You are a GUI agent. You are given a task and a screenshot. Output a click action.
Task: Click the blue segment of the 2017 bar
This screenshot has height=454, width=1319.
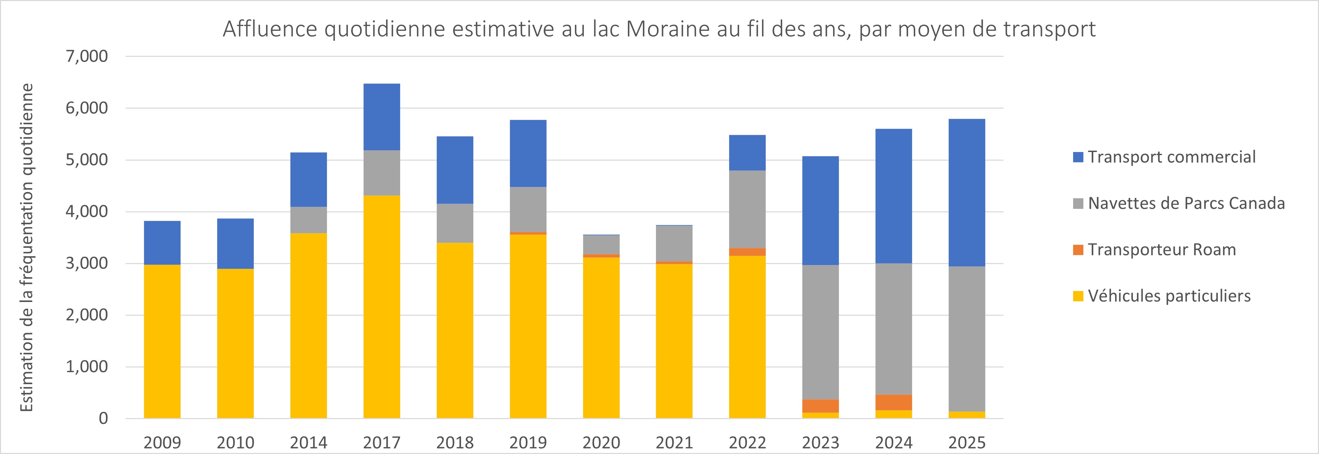[381, 117]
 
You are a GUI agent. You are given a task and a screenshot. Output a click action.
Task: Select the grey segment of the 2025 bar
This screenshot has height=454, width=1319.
[967, 338]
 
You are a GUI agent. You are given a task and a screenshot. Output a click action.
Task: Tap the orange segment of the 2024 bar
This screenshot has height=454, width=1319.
[894, 402]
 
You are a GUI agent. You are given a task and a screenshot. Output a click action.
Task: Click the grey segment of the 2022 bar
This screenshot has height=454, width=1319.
[747, 209]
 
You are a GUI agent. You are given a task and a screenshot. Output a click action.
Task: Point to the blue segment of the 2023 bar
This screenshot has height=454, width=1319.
[820, 210]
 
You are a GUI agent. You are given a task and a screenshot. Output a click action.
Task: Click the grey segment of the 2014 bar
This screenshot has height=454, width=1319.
[308, 220]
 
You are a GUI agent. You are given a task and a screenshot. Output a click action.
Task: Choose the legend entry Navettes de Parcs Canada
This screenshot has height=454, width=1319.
[1186, 203]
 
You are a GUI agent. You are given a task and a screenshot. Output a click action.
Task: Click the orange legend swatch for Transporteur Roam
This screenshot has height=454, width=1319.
[1078, 250]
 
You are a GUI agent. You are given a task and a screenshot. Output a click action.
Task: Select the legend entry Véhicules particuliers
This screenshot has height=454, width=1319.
[1169, 296]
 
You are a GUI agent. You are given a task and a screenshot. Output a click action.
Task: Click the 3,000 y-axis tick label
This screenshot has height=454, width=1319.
[87, 263]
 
